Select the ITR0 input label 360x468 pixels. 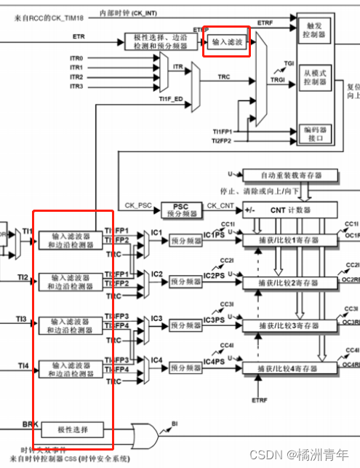click(x=76, y=57)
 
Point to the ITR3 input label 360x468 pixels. click(x=76, y=87)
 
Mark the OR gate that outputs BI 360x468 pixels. click(x=149, y=435)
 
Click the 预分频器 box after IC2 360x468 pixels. click(x=185, y=282)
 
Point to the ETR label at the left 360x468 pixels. click(x=78, y=36)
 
